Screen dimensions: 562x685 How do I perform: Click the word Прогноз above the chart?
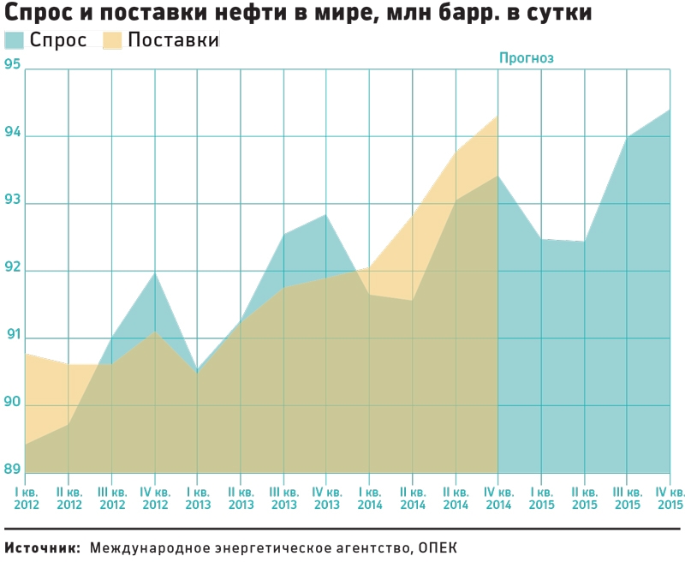pyautogui.click(x=527, y=58)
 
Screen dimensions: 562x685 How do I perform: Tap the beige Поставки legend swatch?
pyautogui.click(x=113, y=40)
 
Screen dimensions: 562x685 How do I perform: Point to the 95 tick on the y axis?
pyautogui.click(x=12, y=65)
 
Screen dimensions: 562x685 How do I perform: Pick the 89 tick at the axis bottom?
pyautogui.click(x=12, y=469)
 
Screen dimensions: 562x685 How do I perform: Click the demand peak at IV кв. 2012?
pyautogui.click(x=154, y=272)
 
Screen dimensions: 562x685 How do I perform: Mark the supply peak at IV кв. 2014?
pyautogui.click(x=498, y=117)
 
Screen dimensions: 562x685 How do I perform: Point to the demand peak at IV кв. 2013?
pyautogui.click(x=326, y=214)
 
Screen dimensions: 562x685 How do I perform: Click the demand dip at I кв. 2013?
pyautogui.click(x=197, y=370)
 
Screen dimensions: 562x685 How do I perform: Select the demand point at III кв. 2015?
pyautogui.click(x=627, y=137)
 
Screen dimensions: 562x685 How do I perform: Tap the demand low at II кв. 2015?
pyautogui.click(x=584, y=242)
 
